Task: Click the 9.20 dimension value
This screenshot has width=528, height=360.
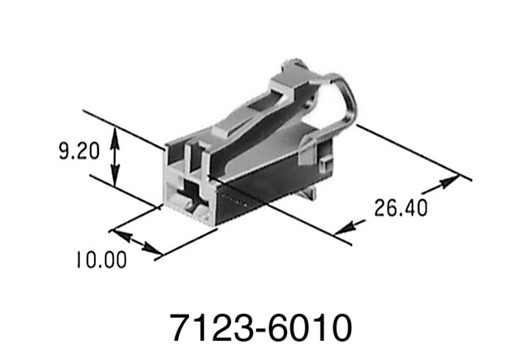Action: pos(80,152)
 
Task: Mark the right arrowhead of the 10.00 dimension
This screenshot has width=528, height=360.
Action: pos(155,250)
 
